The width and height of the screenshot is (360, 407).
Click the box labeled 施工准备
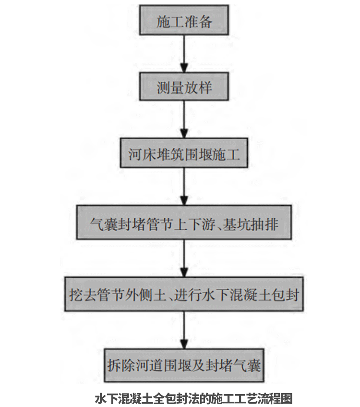(184, 20)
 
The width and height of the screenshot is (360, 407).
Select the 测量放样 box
(184, 86)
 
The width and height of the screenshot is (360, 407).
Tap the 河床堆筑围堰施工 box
(184, 153)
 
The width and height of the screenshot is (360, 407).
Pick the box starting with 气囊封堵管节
(184, 222)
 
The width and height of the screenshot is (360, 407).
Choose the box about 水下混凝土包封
(184, 294)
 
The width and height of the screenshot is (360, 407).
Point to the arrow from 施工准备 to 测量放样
(184, 54)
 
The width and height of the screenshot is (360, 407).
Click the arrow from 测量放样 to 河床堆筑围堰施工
(184, 119)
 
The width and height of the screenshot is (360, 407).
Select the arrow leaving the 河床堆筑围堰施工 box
(184, 186)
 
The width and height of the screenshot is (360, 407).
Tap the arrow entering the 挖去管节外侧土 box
(184, 258)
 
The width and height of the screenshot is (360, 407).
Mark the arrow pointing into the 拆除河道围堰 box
(184, 330)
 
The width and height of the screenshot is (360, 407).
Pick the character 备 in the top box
(205, 21)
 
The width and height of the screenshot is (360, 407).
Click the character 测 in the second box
(163, 87)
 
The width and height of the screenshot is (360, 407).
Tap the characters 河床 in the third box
(142, 154)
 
